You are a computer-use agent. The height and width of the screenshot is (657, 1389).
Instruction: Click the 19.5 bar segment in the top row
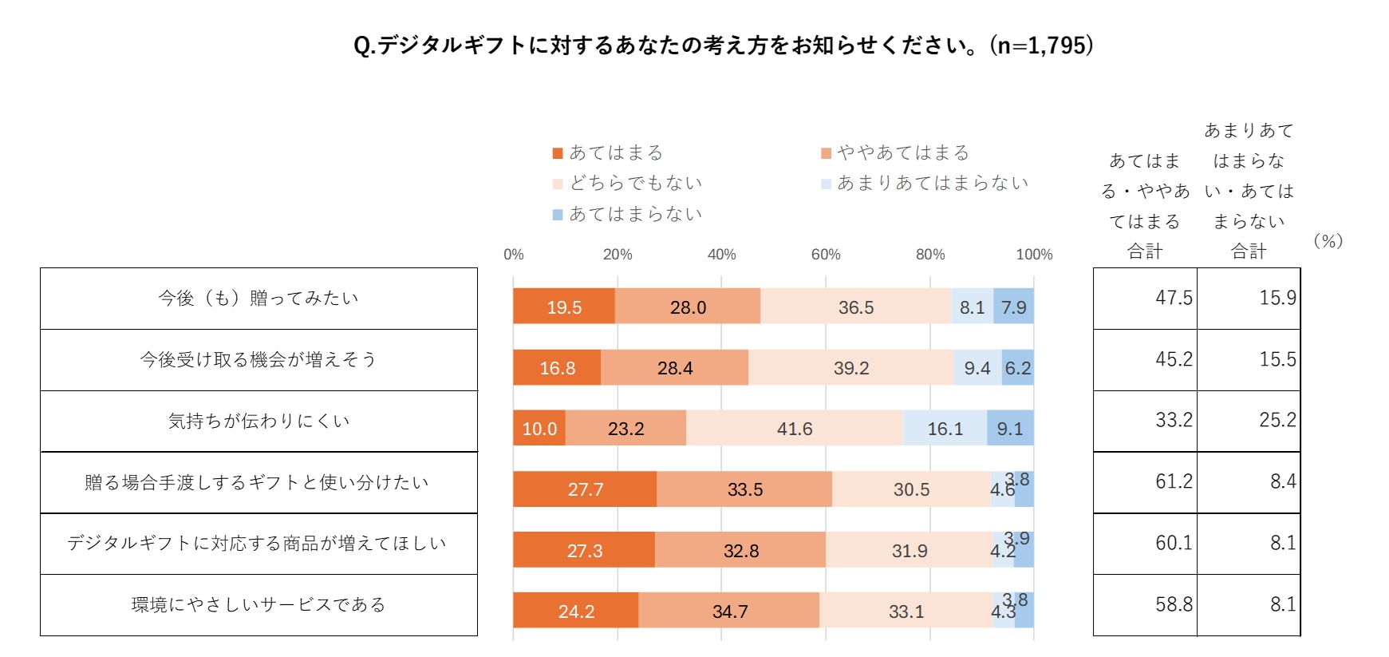tap(564, 307)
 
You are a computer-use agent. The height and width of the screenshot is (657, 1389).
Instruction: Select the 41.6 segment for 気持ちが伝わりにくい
tap(795, 429)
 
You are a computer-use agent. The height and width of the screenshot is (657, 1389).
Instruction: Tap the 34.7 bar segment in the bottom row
tap(729, 611)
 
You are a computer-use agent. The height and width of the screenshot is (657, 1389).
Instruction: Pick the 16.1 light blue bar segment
tap(945, 429)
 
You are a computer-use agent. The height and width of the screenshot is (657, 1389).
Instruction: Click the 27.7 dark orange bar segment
tap(585, 489)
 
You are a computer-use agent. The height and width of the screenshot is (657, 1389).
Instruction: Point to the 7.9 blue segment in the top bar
tap(1013, 307)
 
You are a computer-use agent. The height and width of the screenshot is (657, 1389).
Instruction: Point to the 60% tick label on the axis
tap(826, 255)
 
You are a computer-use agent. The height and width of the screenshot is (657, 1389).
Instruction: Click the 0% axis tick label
tap(514, 255)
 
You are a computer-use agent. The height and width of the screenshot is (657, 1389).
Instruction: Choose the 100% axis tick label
tap(1034, 255)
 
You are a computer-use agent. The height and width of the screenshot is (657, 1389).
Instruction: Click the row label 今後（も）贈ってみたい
tap(258, 299)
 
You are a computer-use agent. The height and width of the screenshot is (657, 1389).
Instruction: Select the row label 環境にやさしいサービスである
tap(258, 605)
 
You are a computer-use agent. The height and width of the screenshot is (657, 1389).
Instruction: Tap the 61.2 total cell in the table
tap(1174, 481)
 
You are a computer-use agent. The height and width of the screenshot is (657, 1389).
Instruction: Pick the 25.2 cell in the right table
tap(1277, 420)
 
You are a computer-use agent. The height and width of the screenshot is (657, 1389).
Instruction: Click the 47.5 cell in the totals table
tap(1174, 298)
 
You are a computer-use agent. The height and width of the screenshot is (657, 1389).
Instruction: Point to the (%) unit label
tap(1328, 240)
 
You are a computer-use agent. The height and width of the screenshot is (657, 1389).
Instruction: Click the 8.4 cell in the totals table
tap(1282, 481)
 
